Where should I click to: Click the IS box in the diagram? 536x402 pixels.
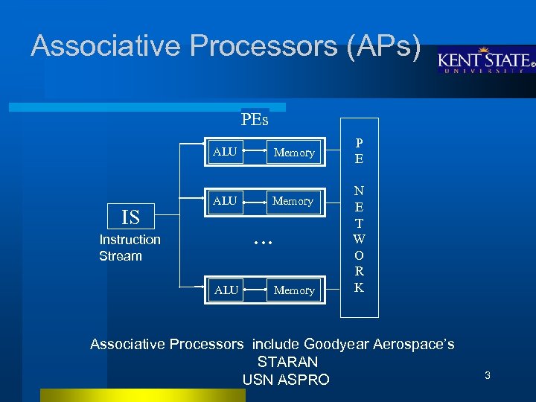(130, 217)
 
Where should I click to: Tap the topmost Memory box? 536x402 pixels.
(294, 153)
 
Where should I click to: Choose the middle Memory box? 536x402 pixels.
(293, 201)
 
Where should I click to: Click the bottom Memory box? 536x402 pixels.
(294, 290)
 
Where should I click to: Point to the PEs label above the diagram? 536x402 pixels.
(255, 119)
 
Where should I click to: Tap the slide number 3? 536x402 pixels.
(488, 376)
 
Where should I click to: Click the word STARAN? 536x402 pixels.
(287, 362)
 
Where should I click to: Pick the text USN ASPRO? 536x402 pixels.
(286, 380)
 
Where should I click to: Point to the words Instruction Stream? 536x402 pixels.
(130, 248)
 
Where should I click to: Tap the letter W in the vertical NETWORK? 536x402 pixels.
(359, 239)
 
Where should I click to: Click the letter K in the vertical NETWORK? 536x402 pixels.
(359, 288)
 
